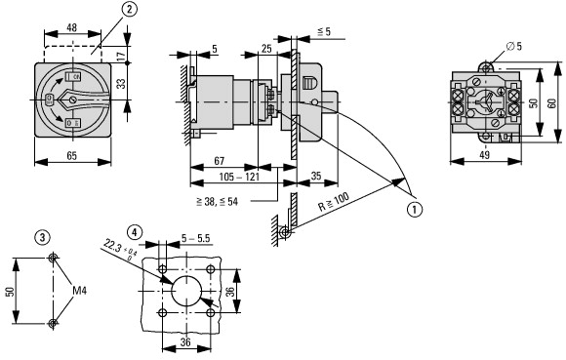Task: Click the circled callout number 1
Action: pyautogui.click(x=415, y=209)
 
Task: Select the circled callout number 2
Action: pyautogui.click(x=130, y=10)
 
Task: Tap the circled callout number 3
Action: pyautogui.click(x=43, y=238)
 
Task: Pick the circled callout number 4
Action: pyautogui.click(x=135, y=232)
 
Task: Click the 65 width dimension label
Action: pyautogui.click(x=72, y=156)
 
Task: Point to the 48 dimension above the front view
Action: pyautogui.click(x=72, y=27)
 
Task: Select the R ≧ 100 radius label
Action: pyautogui.click(x=334, y=202)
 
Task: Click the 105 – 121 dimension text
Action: pyautogui.click(x=239, y=177)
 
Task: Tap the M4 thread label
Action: pyautogui.click(x=80, y=291)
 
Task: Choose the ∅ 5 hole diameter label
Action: pyautogui.click(x=514, y=46)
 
